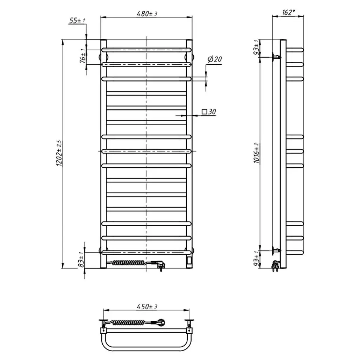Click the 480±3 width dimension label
pyautogui.click(x=147, y=14)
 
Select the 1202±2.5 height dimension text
pyautogui.click(x=59, y=153)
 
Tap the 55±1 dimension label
pyautogui.click(x=77, y=20)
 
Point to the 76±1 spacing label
pyautogui.click(x=83, y=56)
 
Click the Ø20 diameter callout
pyautogui.click(x=215, y=59)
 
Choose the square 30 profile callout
pyautogui.click(x=209, y=112)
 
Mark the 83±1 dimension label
pyautogui.click(x=82, y=260)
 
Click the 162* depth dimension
pyautogui.click(x=288, y=12)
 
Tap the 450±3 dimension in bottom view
pyautogui.click(x=147, y=307)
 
